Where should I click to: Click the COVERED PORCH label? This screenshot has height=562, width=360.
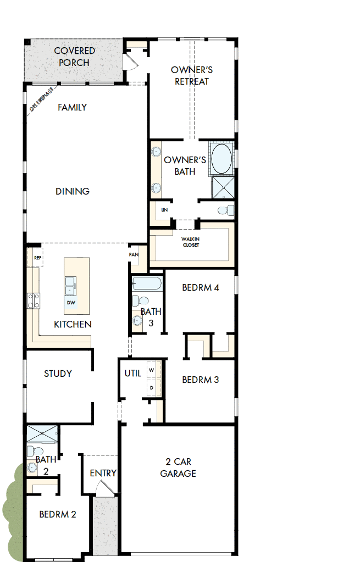tap(74, 57)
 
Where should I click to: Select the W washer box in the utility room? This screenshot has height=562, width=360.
tap(152, 370)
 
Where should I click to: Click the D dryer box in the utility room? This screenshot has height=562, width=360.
tap(152, 387)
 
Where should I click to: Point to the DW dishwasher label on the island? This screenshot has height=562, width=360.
tap(71, 302)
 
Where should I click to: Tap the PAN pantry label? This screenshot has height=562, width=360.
tap(134, 255)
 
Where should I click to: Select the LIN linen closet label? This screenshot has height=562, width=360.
tap(164, 210)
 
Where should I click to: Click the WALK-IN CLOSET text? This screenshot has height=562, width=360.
tap(191, 242)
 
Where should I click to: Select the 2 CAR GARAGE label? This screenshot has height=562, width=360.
tap(178, 468)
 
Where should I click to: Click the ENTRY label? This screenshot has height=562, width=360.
tap(103, 473)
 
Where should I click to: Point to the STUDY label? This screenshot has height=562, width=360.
tap(58, 374)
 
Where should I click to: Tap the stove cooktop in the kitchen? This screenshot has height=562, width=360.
tap(34, 300)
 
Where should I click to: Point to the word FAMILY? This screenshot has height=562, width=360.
tap(73, 108)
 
